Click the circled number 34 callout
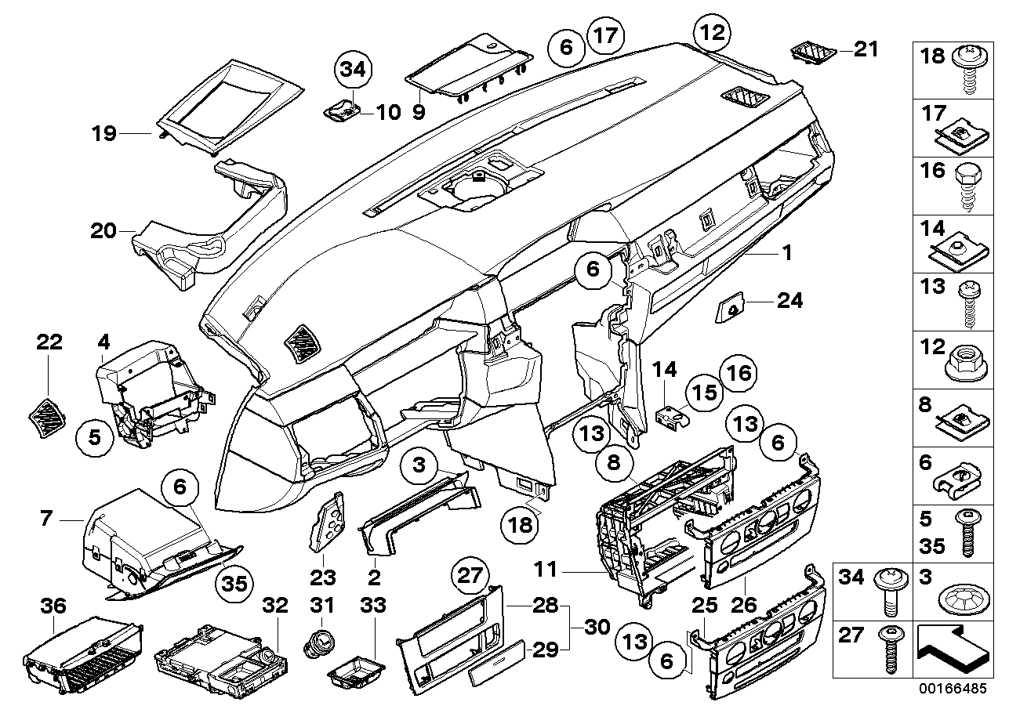354,70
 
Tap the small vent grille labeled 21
811,52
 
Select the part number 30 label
595,628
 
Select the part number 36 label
54,605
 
